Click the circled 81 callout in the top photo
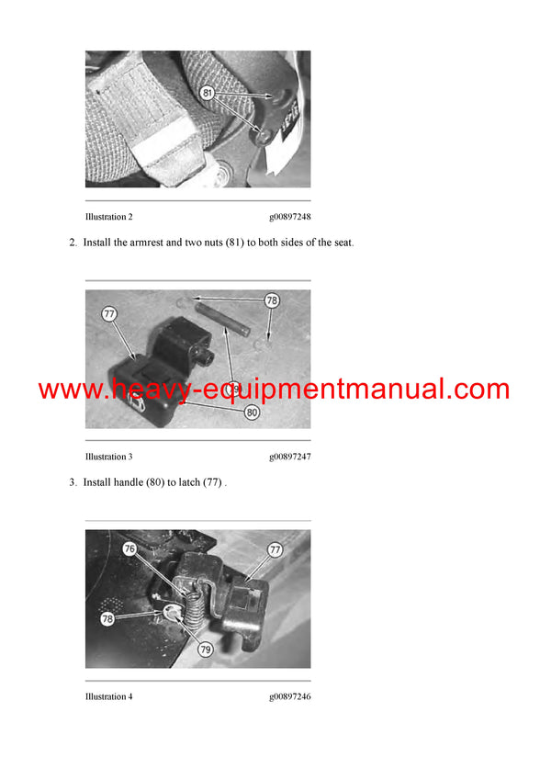tap(207, 93)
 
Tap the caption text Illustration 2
tap(109, 217)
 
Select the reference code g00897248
tap(289, 217)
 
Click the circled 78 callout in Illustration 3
tap(272, 300)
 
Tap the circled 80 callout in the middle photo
tap(252, 413)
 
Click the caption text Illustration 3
tap(109, 457)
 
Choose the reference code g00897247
tap(289, 457)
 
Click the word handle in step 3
tap(128, 482)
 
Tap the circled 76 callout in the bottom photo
tap(129, 548)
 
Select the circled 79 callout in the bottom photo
tap(207, 650)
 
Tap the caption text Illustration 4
tap(109, 696)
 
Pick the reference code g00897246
tap(289, 696)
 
